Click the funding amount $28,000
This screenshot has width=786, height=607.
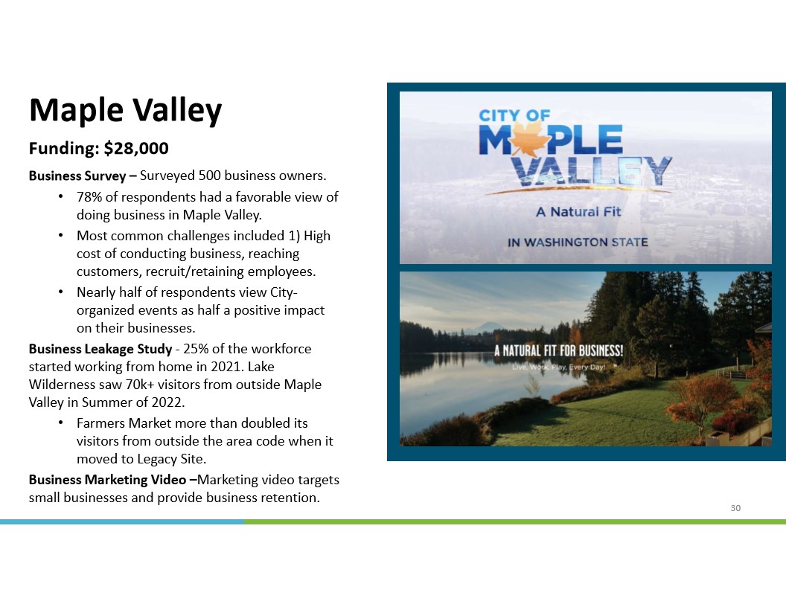pyautogui.click(x=136, y=148)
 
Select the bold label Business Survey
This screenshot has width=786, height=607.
pyautogui.click(x=77, y=176)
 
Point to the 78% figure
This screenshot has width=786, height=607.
pyautogui.click(x=89, y=197)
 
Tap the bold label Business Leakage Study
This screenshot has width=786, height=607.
pyautogui.click(x=100, y=349)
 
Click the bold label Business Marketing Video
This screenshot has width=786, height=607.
pyautogui.click(x=107, y=480)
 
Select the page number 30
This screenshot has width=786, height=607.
pyautogui.click(x=735, y=508)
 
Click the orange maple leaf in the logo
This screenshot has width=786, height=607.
pyautogui.click(x=530, y=140)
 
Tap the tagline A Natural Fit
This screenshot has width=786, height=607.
pyautogui.click(x=578, y=212)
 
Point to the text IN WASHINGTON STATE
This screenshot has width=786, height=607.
pyautogui.click(x=578, y=243)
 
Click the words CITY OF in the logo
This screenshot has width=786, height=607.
pyautogui.click(x=514, y=116)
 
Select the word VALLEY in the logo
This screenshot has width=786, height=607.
pyautogui.click(x=592, y=171)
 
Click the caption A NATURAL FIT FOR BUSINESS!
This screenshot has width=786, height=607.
pyautogui.click(x=558, y=350)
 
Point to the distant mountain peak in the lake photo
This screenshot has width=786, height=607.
pyautogui.click(x=485, y=327)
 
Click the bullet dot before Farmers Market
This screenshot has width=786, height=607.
pyautogui.click(x=60, y=423)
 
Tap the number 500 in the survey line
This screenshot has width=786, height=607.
pyautogui.click(x=209, y=176)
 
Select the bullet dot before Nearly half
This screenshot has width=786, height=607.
pyautogui.click(x=60, y=292)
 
